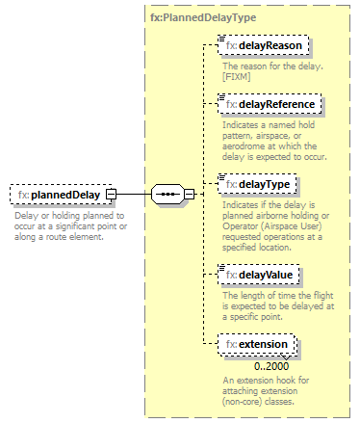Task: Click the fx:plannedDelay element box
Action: (x=59, y=195)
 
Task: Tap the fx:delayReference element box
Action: (x=270, y=103)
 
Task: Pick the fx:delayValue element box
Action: (x=259, y=276)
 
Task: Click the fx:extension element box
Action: (x=258, y=344)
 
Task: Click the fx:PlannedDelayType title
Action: (x=199, y=16)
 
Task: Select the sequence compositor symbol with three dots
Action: (x=167, y=195)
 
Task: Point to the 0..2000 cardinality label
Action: (x=272, y=366)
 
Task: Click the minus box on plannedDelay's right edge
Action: (x=112, y=195)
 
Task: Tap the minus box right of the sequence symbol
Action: (x=190, y=195)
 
